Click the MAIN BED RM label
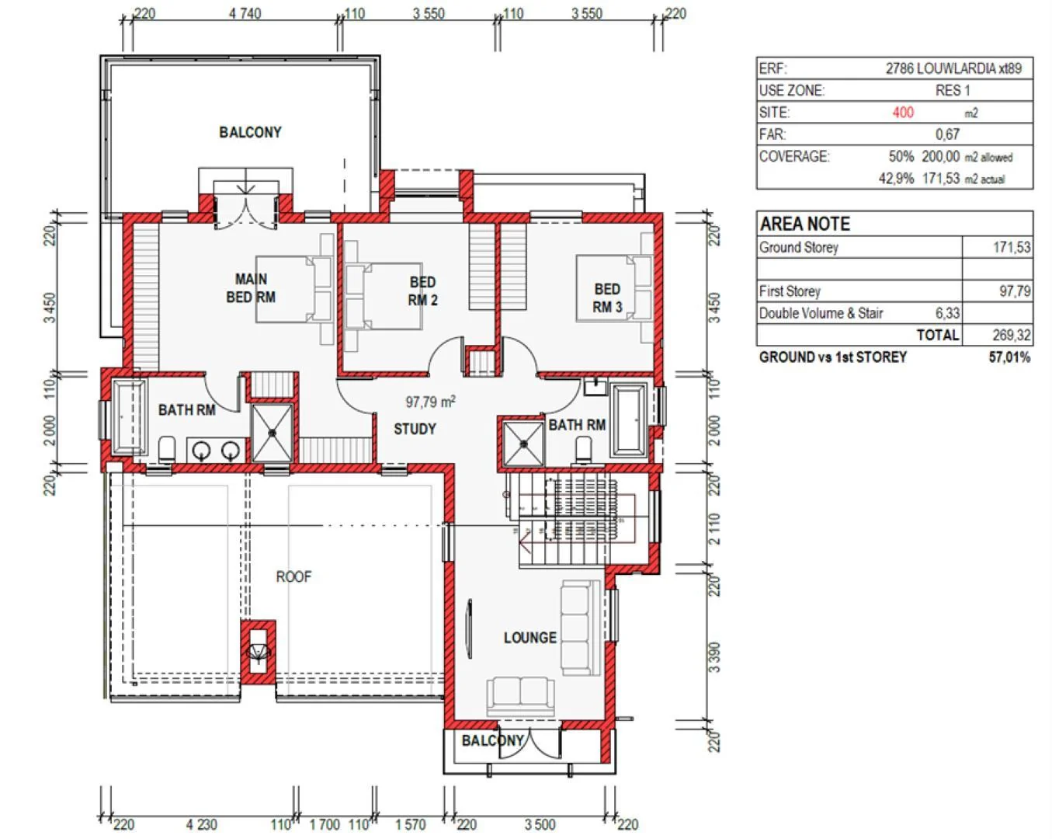click(x=251, y=288)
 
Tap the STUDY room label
click(x=415, y=429)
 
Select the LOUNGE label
click(x=530, y=638)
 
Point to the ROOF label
click(x=293, y=576)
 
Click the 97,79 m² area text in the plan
click(x=430, y=402)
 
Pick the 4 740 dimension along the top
click(x=245, y=13)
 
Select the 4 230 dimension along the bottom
click(x=201, y=825)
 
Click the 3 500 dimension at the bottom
click(x=540, y=825)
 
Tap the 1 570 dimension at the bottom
click(x=410, y=825)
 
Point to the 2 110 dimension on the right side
click(x=714, y=529)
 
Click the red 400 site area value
click(x=903, y=113)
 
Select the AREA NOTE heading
click(x=804, y=224)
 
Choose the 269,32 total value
click(x=1012, y=335)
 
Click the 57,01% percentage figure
click(x=1009, y=357)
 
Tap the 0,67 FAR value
click(x=947, y=134)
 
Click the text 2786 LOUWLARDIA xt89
click(x=953, y=68)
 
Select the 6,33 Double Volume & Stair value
click(x=947, y=313)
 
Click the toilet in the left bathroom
click(x=167, y=450)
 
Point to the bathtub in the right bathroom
click(x=629, y=419)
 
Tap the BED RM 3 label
click(x=607, y=298)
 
